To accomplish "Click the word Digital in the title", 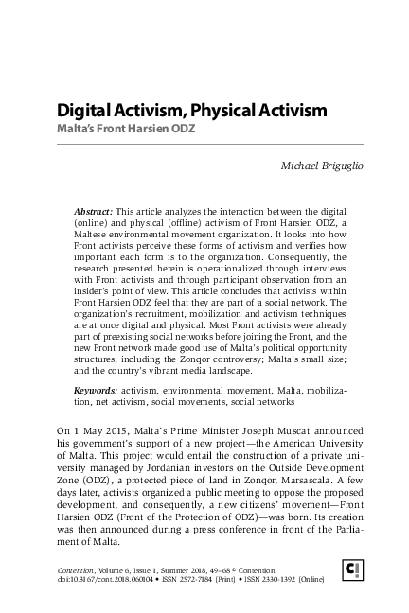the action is pos(85,111).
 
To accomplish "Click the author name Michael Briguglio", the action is pos(309,166).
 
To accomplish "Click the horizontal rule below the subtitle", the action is pos(204,144).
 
